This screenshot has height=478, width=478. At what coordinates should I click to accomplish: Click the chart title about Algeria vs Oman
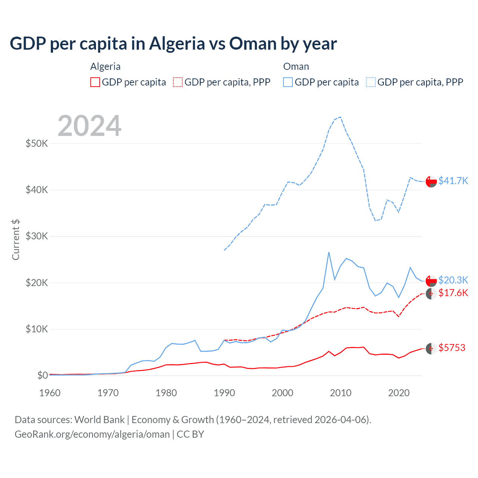(173, 44)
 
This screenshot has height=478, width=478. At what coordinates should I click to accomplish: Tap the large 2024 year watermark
(90, 126)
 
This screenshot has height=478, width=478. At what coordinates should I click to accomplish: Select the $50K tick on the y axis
(37, 143)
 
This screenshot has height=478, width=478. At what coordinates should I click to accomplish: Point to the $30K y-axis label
(37, 236)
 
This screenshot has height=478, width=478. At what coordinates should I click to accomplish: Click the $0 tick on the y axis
(42, 375)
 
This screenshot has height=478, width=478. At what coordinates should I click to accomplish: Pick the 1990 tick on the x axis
(224, 393)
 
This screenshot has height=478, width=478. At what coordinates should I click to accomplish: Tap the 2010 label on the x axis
(341, 393)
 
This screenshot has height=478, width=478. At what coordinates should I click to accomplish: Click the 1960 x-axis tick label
(50, 393)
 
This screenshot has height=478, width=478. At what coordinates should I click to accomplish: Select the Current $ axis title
(16, 240)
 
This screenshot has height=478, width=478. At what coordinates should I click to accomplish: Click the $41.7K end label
(453, 181)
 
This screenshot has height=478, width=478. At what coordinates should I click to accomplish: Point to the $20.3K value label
(453, 280)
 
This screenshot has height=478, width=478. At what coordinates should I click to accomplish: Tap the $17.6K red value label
(453, 293)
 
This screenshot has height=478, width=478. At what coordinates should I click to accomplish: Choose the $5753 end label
(452, 348)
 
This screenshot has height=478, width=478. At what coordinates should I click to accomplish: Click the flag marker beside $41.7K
(431, 181)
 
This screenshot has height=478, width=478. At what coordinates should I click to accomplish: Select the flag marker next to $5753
(431, 348)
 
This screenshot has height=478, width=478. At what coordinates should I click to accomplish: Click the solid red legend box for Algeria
(95, 82)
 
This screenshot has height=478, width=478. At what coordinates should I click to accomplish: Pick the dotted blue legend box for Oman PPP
(371, 82)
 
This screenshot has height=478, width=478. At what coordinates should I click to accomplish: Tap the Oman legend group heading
(296, 66)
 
